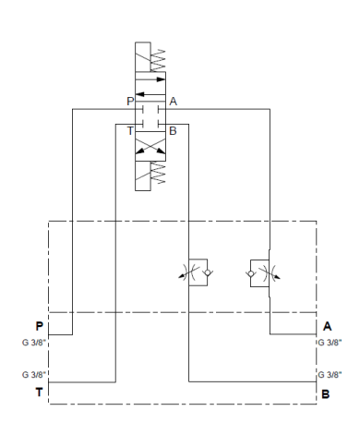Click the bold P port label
click(40, 325)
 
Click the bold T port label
click(40, 390)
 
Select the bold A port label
click(327, 325)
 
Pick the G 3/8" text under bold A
click(329, 342)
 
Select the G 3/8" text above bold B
click(329, 375)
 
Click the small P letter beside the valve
click(130, 101)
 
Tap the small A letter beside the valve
click(173, 101)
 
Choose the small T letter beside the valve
click(130, 131)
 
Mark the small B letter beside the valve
click(173, 131)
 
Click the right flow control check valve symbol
click(258, 272)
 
